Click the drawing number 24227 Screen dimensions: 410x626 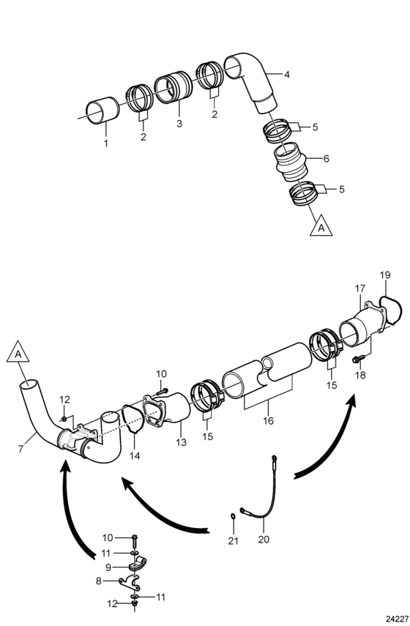click(397, 619)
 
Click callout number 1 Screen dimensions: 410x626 click(106, 144)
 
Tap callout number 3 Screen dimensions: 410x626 click(179, 124)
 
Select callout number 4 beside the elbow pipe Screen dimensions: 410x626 click(287, 74)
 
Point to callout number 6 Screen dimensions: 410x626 click(326, 159)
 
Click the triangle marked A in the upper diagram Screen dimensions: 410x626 click(321, 226)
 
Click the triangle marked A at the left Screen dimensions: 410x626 click(18, 352)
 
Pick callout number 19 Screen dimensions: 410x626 click(385, 275)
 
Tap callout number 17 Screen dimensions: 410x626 click(360, 288)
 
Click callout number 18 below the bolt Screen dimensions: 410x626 click(360, 376)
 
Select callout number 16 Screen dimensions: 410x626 click(269, 420)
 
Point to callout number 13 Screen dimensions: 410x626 click(182, 442)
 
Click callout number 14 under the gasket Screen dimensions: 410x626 click(135, 455)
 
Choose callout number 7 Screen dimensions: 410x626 click(20, 449)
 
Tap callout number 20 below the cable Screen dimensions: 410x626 click(264, 540)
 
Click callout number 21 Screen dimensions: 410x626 click(233, 541)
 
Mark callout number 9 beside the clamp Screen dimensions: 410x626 click(108, 567)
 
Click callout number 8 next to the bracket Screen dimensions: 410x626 click(99, 581)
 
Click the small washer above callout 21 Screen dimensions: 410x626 click(233, 518)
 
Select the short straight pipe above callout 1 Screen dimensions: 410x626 click(103, 113)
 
